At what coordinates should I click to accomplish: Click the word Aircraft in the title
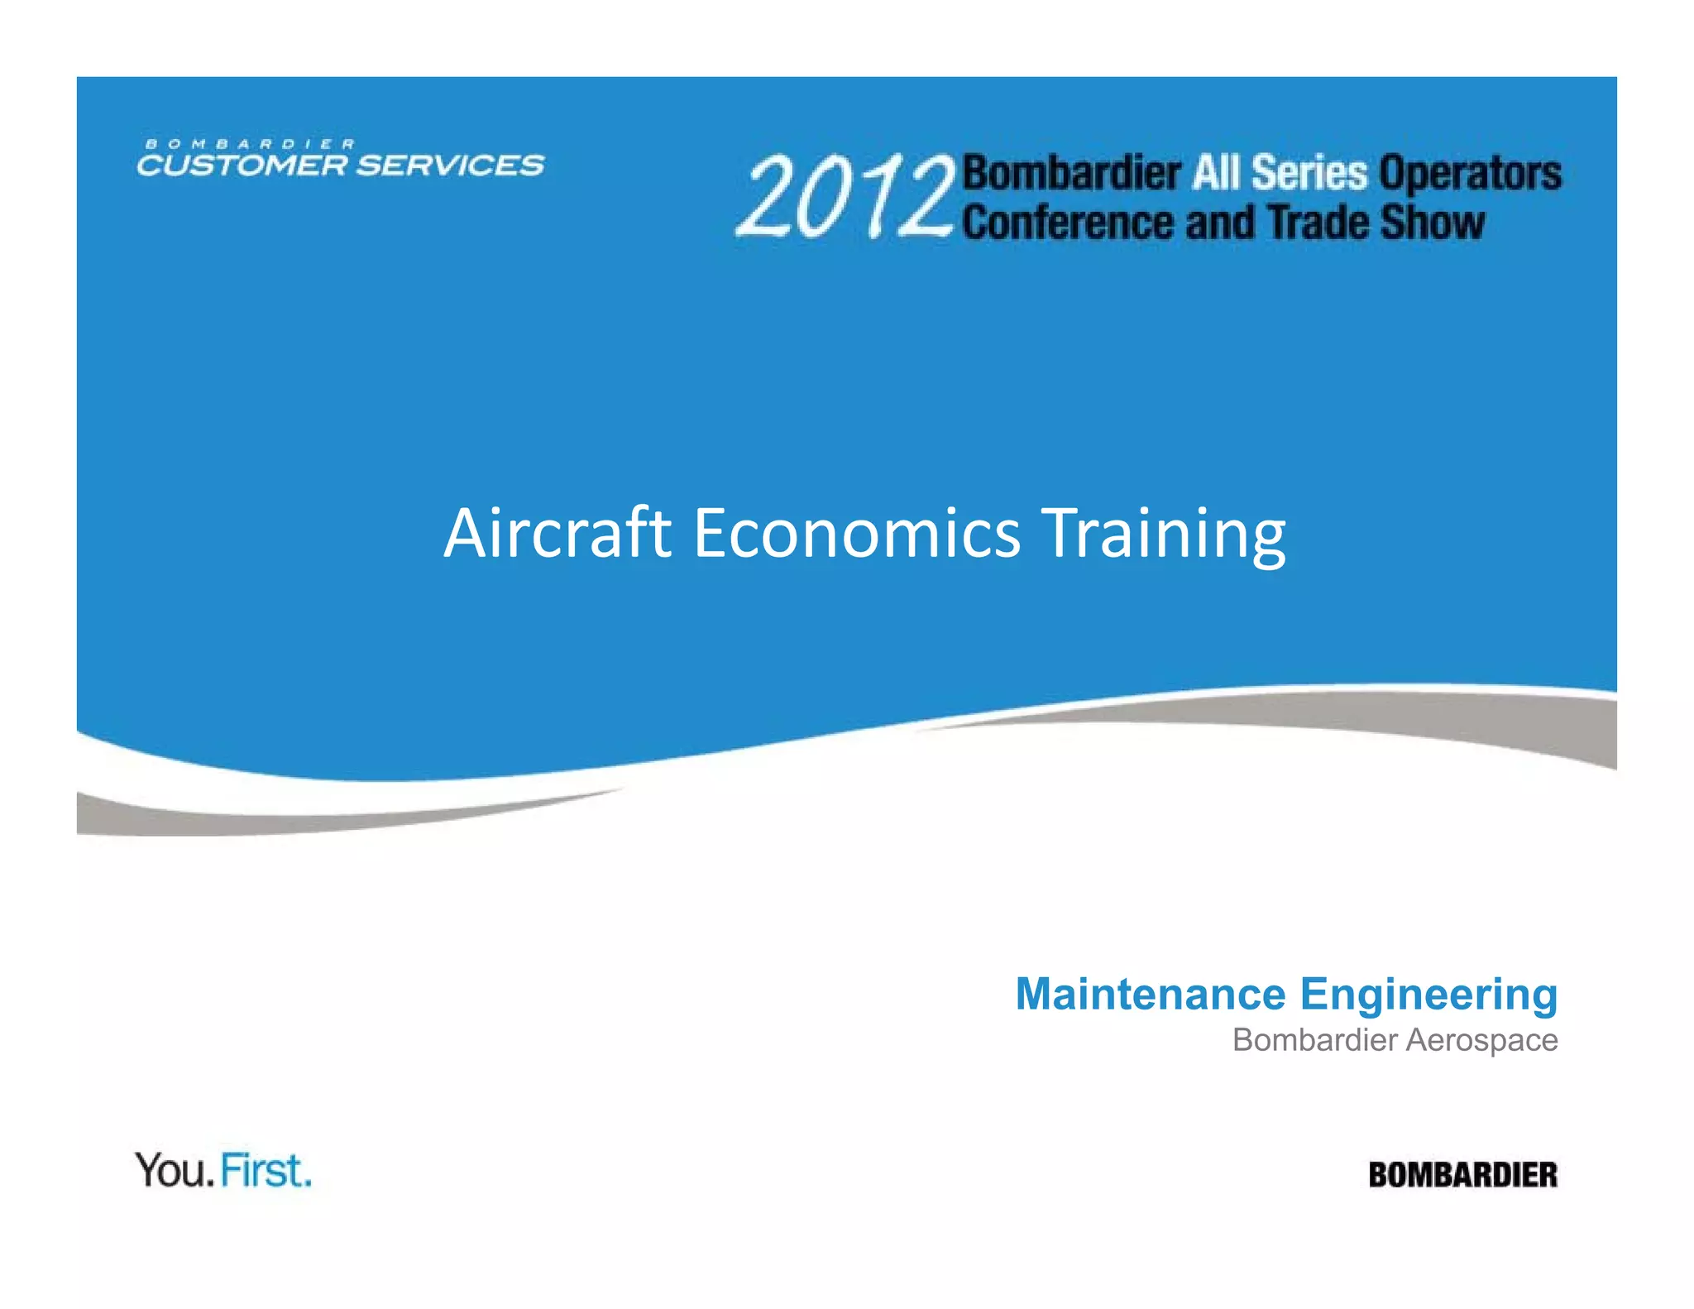click(557, 533)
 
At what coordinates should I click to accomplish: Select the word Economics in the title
click(857, 533)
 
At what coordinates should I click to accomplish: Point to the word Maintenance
click(1151, 994)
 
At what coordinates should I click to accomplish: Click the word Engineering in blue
click(1428, 995)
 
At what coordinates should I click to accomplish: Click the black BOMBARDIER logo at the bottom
click(1462, 1175)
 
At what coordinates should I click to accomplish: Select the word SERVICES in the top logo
click(451, 165)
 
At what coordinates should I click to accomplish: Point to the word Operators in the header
click(1470, 175)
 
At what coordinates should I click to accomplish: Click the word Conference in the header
click(1068, 223)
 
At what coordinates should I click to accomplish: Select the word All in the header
click(1217, 173)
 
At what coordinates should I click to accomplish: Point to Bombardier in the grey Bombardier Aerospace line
click(1314, 1040)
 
